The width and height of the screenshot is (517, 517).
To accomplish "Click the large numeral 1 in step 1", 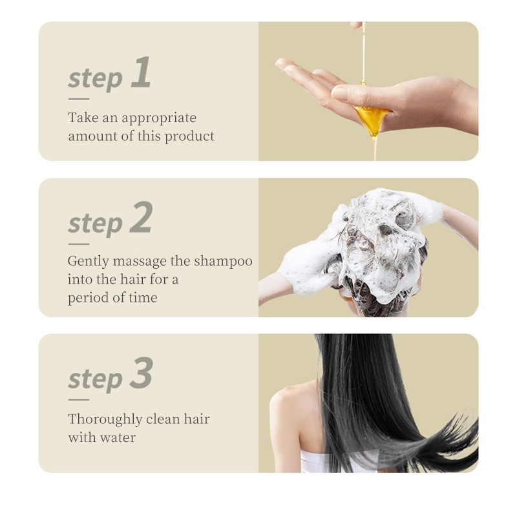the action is pos(141,72).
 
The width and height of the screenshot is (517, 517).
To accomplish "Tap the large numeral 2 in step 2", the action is pos(141,217).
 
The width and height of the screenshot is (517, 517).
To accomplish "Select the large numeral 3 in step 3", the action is pos(141,373).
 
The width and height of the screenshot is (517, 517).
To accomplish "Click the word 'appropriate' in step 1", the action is pos(159,118).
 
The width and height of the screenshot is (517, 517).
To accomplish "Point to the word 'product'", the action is pos(189,136).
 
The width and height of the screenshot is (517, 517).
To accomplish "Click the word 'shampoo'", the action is pos(223,262).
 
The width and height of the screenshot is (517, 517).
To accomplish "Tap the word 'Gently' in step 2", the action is pos(89,262).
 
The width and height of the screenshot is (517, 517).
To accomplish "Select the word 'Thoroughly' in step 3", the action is pos(105,419).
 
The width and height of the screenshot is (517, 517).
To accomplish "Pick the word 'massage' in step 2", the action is pos(140,262).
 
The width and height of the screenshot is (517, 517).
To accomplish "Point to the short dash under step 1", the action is pos(79,99).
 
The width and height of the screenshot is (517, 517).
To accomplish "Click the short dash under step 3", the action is pos(79,399).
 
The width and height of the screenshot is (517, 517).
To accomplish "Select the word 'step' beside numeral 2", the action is pos(95,224).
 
